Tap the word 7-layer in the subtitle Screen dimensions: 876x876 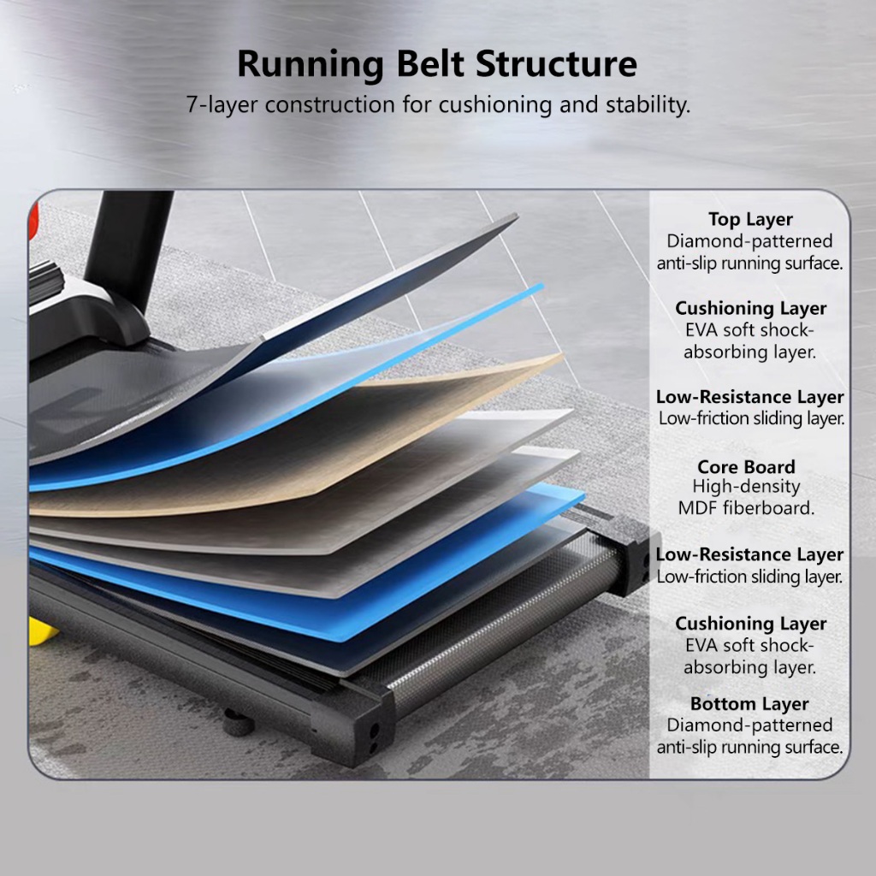[x=223, y=106]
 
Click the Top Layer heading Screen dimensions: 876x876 [x=750, y=220]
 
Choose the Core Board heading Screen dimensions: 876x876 [x=746, y=467]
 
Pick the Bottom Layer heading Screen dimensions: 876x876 [x=749, y=704]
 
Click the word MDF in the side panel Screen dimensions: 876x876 [x=695, y=508]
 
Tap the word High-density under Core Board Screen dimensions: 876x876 [x=746, y=487]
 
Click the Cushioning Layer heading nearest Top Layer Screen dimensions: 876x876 [x=750, y=308]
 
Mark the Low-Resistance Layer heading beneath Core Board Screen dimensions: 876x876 [x=749, y=554]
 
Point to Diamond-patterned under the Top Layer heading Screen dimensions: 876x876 [x=750, y=242]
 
